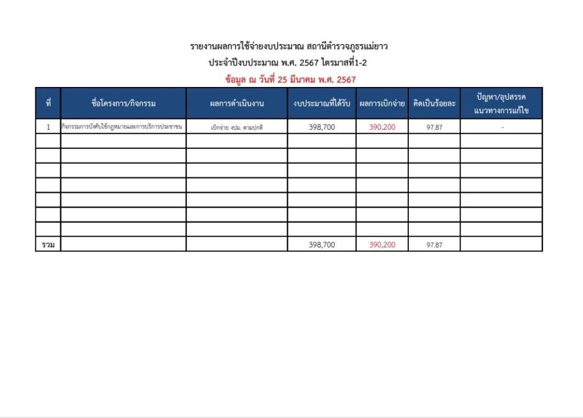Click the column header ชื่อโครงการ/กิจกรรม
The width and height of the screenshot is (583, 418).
click(123, 104)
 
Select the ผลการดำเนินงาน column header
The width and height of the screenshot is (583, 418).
click(236, 104)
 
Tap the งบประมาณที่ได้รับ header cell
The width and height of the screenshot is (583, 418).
click(322, 104)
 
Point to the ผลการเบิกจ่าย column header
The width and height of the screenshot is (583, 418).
click(382, 104)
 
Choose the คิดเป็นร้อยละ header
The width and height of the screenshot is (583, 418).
click(434, 104)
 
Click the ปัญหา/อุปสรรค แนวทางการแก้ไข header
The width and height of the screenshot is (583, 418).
click(501, 104)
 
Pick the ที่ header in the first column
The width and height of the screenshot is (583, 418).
click(48, 104)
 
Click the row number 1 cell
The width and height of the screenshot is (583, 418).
click(48, 127)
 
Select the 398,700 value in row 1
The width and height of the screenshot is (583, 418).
click(322, 127)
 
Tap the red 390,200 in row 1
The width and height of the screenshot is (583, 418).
click(382, 127)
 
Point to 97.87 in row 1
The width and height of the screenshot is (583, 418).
click(434, 127)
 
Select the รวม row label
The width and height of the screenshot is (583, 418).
click(48, 245)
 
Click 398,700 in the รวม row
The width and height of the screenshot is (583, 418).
click(322, 245)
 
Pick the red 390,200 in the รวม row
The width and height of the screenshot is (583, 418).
click(382, 245)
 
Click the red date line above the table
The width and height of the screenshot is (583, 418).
click(290, 80)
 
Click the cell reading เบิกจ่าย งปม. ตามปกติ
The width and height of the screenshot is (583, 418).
click(236, 127)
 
